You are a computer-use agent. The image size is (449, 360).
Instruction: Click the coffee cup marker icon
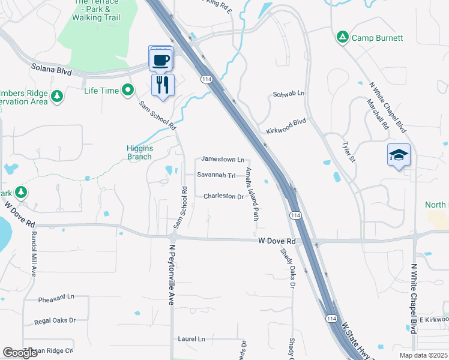tap(161, 59)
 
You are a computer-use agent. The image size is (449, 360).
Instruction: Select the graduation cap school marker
tap(399, 155)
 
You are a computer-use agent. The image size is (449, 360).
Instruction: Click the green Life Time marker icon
tap(127, 91)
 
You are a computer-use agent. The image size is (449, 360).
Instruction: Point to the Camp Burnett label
tap(377, 38)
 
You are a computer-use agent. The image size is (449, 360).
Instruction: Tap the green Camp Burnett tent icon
tap(343, 37)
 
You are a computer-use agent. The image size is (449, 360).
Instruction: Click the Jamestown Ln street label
tap(223, 160)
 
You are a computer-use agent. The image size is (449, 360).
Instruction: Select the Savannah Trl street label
tap(216, 176)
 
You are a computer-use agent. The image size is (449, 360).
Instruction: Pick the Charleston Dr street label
tap(223, 196)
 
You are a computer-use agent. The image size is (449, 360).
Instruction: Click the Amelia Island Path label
tap(252, 193)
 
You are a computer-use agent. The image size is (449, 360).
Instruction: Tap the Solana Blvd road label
tap(52, 71)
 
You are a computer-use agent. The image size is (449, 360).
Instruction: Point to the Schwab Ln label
tap(289, 94)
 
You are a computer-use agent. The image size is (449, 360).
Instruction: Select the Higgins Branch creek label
tap(139, 152)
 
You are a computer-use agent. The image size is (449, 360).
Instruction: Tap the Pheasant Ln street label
tap(56, 297)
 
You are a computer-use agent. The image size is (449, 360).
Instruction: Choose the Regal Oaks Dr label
tap(55, 321)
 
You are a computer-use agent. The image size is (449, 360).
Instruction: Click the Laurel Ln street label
tap(191, 339)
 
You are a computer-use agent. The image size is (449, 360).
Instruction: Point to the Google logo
tap(20, 353)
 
